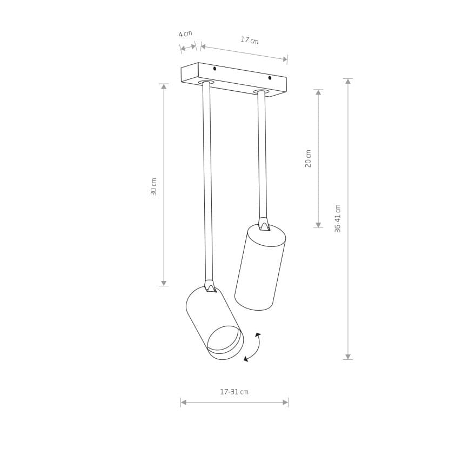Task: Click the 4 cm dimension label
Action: pos(185,34)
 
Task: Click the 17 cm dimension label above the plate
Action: pos(250,40)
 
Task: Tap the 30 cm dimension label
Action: pos(153,187)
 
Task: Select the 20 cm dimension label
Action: pos(308,158)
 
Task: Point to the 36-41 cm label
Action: pos(338,219)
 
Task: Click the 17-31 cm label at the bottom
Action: pos(234,392)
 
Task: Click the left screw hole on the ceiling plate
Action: pos(215,69)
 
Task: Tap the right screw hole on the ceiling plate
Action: pos(270,78)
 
